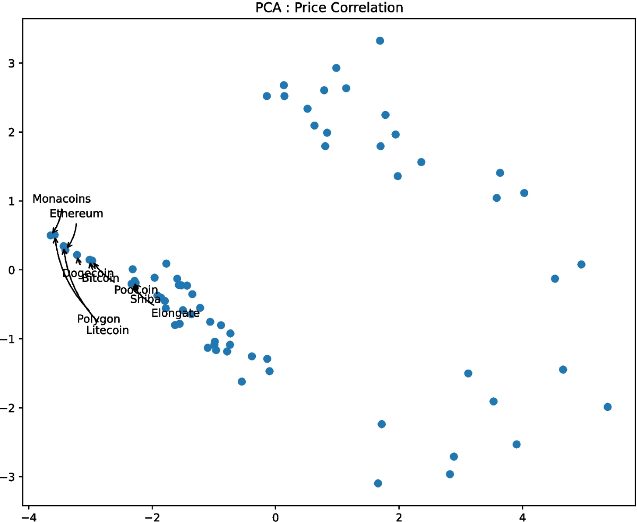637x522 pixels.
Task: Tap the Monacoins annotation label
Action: tap(62, 199)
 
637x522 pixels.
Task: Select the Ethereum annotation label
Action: tap(76, 213)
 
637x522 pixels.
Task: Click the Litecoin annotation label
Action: tap(107, 330)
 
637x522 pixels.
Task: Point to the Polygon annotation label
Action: tap(98, 319)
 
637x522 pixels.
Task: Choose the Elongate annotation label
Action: tap(175, 313)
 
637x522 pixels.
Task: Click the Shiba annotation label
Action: tap(145, 299)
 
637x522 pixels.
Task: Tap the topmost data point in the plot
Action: tap(380, 41)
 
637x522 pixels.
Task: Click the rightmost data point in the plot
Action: tap(607, 407)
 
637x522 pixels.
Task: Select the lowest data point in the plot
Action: tap(378, 483)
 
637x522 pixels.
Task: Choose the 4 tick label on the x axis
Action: tap(522, 515)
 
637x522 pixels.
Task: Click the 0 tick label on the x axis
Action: tap(276, 515)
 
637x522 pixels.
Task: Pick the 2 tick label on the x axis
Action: tap(399, 515)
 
